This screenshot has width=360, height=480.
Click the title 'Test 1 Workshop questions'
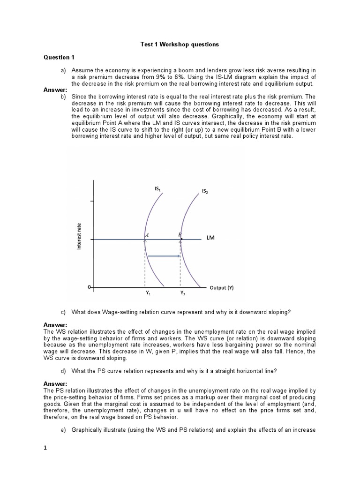pos(180,45)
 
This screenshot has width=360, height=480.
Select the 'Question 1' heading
pos(59,58)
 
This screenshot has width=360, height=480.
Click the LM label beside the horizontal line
pos(210,238)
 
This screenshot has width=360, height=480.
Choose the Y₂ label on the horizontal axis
pos(183,294)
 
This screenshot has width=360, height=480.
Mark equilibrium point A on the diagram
pos(147,235)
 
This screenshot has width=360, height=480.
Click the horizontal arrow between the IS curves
pos(164,256)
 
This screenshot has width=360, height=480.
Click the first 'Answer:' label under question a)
pos(55,90)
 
